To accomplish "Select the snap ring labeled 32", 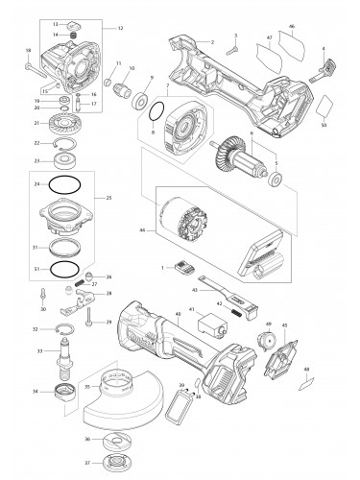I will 65,329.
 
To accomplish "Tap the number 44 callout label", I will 143,232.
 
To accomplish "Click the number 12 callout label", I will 121,28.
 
